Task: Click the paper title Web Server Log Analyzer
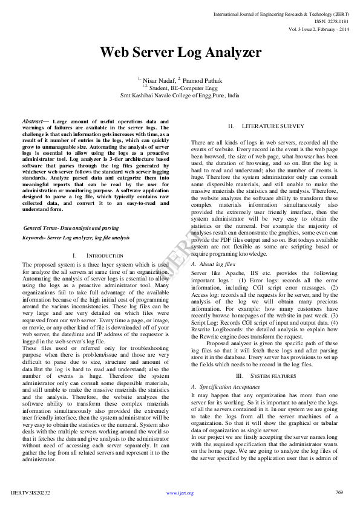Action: coord(180,52)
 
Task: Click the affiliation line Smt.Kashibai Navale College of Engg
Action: coord(180,96)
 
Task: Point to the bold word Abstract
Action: coord(33,122)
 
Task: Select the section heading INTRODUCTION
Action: coord(105,256)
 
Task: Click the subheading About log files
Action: coord(213,264)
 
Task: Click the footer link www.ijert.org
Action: coord(180,493)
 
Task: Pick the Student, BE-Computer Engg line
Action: coord(180,88)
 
